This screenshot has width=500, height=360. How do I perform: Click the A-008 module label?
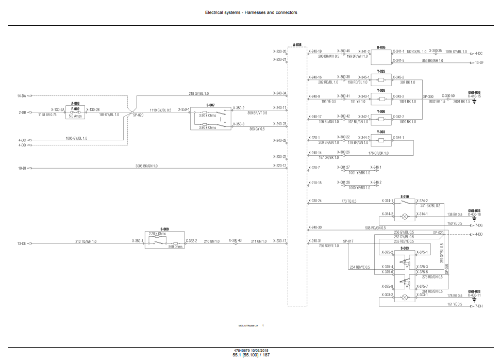pyautogui.click(x=297, y=45)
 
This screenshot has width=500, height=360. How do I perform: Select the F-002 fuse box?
pyautogui.click(x=76, y=113)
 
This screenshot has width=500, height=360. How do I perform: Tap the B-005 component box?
pyautogui.click(x=381, y=56)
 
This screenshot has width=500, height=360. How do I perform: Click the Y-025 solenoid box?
pyautogui.click(x=381, y=80)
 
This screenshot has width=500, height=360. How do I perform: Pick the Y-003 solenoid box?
pyautogui.click(x=381, y=140)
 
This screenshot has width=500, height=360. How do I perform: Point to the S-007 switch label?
pyautogui.click(x=210, y=105)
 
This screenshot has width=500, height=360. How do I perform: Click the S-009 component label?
pyautogui.click(x=164, y=229)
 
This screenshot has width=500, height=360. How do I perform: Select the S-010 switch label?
pyautogui.click(x=405, y=196)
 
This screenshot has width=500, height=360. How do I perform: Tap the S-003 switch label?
pyautogui.click(x=405, y=249)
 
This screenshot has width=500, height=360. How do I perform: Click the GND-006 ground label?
pyautogui.click(x=474, y=92)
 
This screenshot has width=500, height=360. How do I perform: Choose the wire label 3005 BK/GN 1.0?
pyautogui.click(x=147, y=166)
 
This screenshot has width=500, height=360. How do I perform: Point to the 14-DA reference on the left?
pyautogui.click(x=22, y=96)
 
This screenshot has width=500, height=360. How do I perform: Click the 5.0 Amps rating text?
pyautogui.click(x=75, y=116)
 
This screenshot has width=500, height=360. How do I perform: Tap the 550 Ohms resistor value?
pyautogui.click(x=175, y=247)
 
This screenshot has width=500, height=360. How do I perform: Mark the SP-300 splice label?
pyautogui.click(x=428, y=95)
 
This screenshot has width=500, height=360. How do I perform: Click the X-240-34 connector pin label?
pyautogui.click(x=279, y=93)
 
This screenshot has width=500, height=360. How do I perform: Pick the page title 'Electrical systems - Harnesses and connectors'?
pyautogui.click(x=251, y=12)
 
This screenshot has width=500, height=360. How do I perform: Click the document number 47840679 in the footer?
pyautogui.click(x=242, y=351)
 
